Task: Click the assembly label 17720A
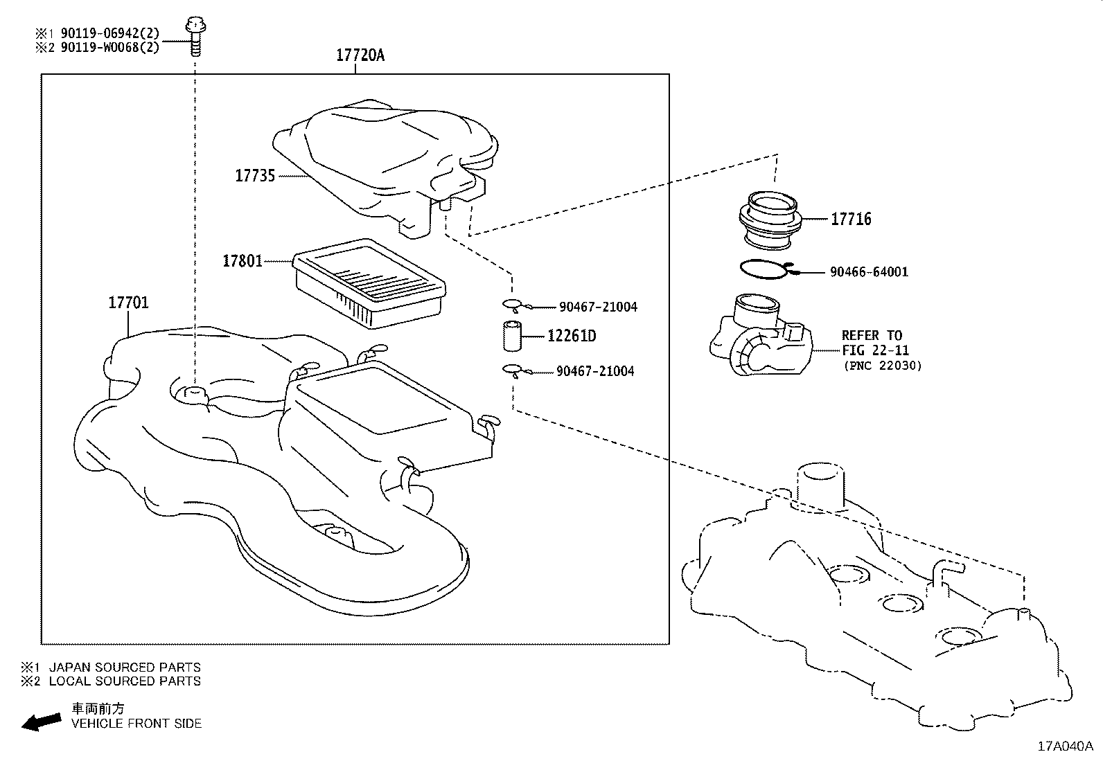click(360, 55)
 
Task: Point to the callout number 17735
click(255, 176)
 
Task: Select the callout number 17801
click(242, 261)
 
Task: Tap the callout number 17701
click(128, 303)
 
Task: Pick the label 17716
click(851, 220)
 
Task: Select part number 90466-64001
click(869, 272)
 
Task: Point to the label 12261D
click(572, 337)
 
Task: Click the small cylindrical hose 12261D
click(512, 337)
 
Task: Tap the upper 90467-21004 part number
click(597, 307)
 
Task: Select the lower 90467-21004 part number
click(595, 371)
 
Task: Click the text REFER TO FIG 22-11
click(874, 343)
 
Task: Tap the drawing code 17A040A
click(1065, 746)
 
